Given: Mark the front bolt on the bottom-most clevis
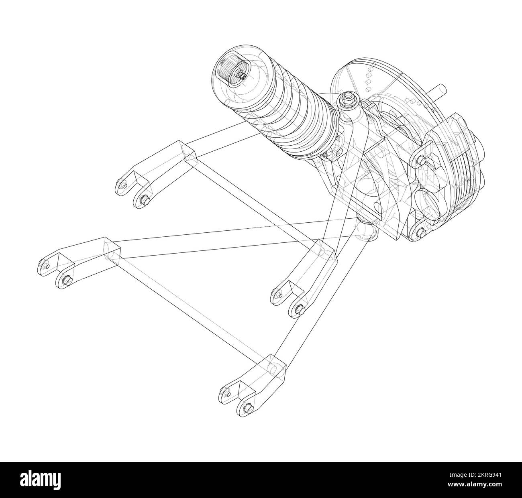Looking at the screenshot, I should [247, 409].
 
